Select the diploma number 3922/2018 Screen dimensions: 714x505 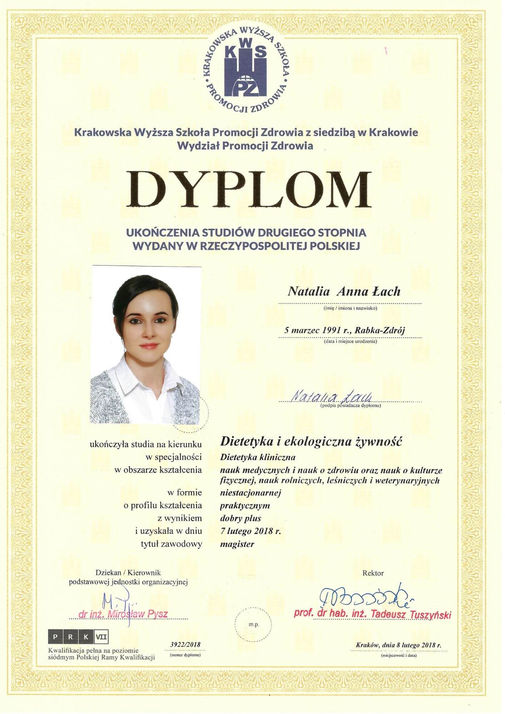[183, 644]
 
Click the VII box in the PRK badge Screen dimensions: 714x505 [101, 637]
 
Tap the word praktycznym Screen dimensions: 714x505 [245, 506]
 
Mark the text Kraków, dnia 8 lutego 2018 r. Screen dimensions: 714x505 [399, 645]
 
